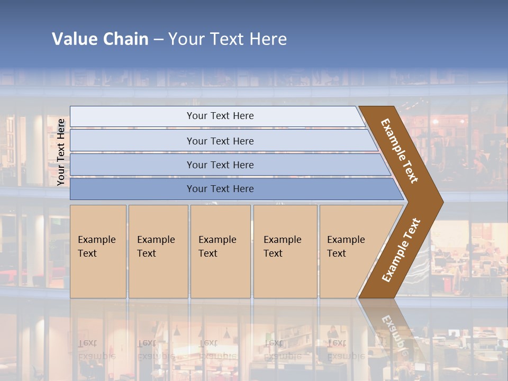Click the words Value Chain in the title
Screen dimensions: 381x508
point(100,39)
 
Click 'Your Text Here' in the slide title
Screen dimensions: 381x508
point(228,39)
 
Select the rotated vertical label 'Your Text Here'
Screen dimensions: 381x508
point(61,152)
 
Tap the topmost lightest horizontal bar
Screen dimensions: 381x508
point(220,116)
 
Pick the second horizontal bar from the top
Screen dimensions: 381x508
point(220,141)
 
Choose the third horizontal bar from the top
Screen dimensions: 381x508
point(220,165)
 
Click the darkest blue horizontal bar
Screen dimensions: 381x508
point(220,189)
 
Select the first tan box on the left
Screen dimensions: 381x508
point(98,251)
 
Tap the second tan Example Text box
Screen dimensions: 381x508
point(158,251)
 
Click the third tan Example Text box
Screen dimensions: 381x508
point(220,251)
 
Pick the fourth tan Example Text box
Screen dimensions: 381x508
point(285,251)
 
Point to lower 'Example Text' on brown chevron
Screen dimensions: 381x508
point(401,250)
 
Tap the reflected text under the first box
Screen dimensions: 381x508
point(96,349)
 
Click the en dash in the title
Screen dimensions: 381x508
point(158,39)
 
